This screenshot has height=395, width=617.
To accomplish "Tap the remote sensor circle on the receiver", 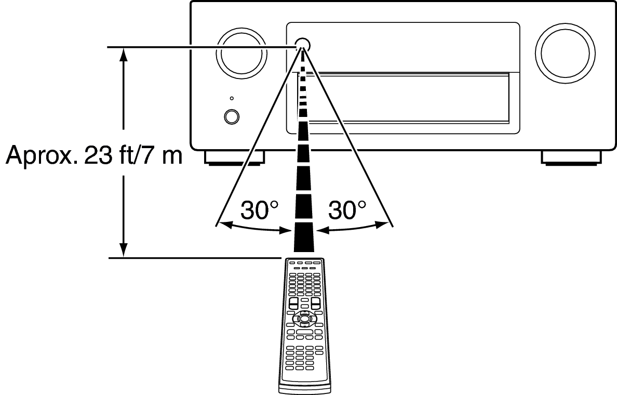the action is [302, 45].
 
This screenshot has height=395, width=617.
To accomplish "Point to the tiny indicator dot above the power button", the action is [232, 98].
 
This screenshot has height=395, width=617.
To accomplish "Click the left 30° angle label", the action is [259, 210].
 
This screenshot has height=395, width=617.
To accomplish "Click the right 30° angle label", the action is [347, 210].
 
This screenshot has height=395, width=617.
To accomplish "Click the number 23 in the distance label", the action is [98, 155].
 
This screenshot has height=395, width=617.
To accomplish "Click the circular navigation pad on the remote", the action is [304, 318].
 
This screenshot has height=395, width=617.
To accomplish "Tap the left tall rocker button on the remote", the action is [293, 303].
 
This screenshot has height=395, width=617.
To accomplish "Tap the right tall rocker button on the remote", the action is [315, 303].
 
